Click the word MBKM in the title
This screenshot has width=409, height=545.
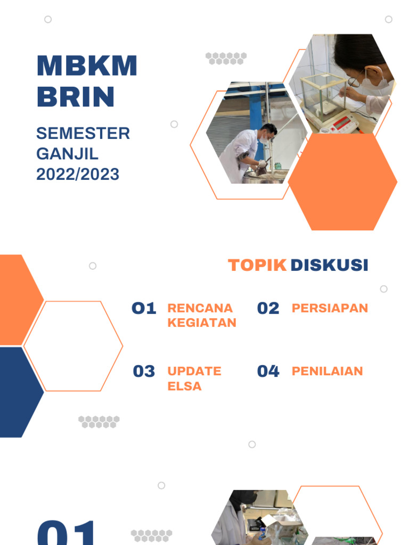click(87, 66)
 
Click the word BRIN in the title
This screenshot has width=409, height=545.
click(76, 96)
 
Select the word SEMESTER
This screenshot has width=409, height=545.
click(83, 133)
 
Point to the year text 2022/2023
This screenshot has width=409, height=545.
click(78, 174)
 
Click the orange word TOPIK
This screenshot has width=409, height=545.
click(257, 265)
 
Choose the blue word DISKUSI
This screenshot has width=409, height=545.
click(329, 265)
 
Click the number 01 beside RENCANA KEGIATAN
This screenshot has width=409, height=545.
click(144, 308)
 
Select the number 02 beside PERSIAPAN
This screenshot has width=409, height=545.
click(268, 308)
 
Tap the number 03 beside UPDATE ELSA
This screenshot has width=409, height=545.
click(144, 371)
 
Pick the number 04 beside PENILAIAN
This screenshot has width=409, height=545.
click(268, 371)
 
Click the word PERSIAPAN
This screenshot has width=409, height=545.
click(330, 308)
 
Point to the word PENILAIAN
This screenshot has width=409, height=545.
click(327, 371)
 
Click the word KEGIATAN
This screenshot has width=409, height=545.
click(202, 323)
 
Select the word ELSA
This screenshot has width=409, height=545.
click(184, 386)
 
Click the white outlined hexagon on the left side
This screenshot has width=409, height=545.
click(73, 346)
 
